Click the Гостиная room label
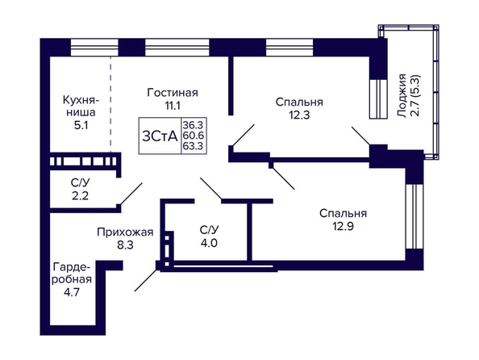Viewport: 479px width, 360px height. [173, 92]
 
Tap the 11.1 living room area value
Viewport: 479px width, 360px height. [173, 106]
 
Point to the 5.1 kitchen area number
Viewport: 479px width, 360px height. [81, 125]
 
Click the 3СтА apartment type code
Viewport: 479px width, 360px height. [160, 136]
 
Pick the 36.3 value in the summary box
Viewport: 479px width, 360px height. [193, 125]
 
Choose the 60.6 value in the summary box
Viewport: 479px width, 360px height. [193, 135]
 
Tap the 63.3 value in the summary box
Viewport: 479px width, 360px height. [193, 145]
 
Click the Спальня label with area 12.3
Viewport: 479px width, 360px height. [299, 102]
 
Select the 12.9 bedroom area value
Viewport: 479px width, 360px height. [343, 227]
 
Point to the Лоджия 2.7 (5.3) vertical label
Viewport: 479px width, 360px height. [409, 96]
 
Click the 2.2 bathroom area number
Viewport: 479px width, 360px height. [81, 195]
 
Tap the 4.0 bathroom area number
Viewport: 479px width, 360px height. [209, 243]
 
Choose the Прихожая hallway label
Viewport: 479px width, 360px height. [125, 232]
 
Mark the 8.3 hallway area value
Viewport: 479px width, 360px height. [126, 245]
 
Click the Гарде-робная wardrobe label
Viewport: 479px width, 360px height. [72, 273]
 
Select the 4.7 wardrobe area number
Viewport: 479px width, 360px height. [72, 292]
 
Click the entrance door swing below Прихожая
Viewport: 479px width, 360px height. [146, 279]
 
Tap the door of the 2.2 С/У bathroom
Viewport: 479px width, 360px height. [131, 194]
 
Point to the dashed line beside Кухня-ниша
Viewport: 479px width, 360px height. [110, 104]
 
